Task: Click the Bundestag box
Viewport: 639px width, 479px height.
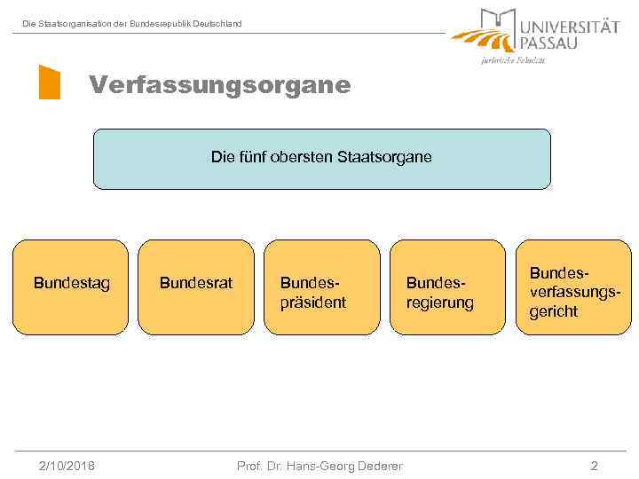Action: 72,287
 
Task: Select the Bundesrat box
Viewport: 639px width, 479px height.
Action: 196,287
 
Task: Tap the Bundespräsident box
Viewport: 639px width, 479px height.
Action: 322,287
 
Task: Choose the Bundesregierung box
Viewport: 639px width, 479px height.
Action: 447,287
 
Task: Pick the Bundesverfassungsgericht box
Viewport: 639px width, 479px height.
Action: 573,287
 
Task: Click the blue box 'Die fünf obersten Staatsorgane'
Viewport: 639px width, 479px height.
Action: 322,160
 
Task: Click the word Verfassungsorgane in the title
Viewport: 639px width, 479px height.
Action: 219,86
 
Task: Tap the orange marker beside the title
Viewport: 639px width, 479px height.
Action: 50,82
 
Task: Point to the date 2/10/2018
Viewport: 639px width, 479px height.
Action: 67,466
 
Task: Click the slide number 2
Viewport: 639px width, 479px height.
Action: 594,466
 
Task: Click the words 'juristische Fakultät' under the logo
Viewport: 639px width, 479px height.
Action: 513,60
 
